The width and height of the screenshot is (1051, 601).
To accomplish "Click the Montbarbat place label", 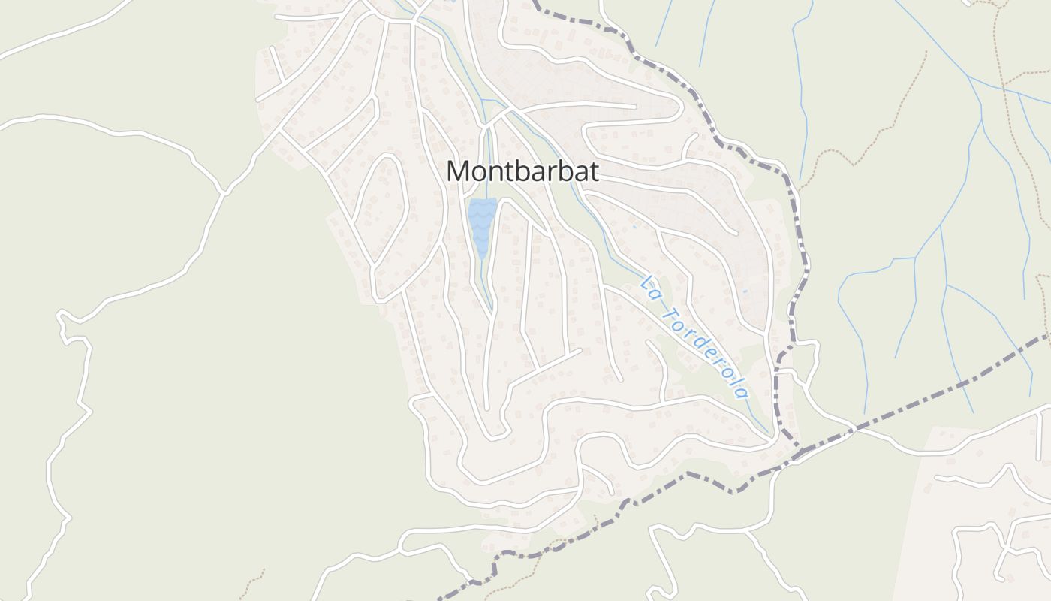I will click(x=522, y=171).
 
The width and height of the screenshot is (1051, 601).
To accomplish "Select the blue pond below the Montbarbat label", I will click(x=481, y=222).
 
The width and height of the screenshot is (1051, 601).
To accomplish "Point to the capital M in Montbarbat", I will click(x=459, y=171).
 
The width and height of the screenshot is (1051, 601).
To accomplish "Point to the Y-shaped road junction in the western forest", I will click(x=223, y=192).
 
